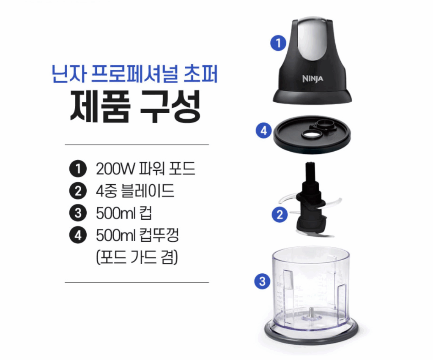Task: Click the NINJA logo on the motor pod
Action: coord(312,79)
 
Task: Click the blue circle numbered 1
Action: coord(278,43)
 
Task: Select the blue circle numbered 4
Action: coord(264,130)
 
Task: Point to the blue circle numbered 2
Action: coord(280,214)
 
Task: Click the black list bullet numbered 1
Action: coord(78,169)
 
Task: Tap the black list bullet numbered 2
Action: coord(78,191)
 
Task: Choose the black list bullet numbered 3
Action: coord(78,213)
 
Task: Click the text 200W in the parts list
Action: coord(115,169)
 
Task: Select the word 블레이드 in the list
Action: coord(148,191)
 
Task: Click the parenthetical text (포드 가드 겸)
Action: coord(137,257)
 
